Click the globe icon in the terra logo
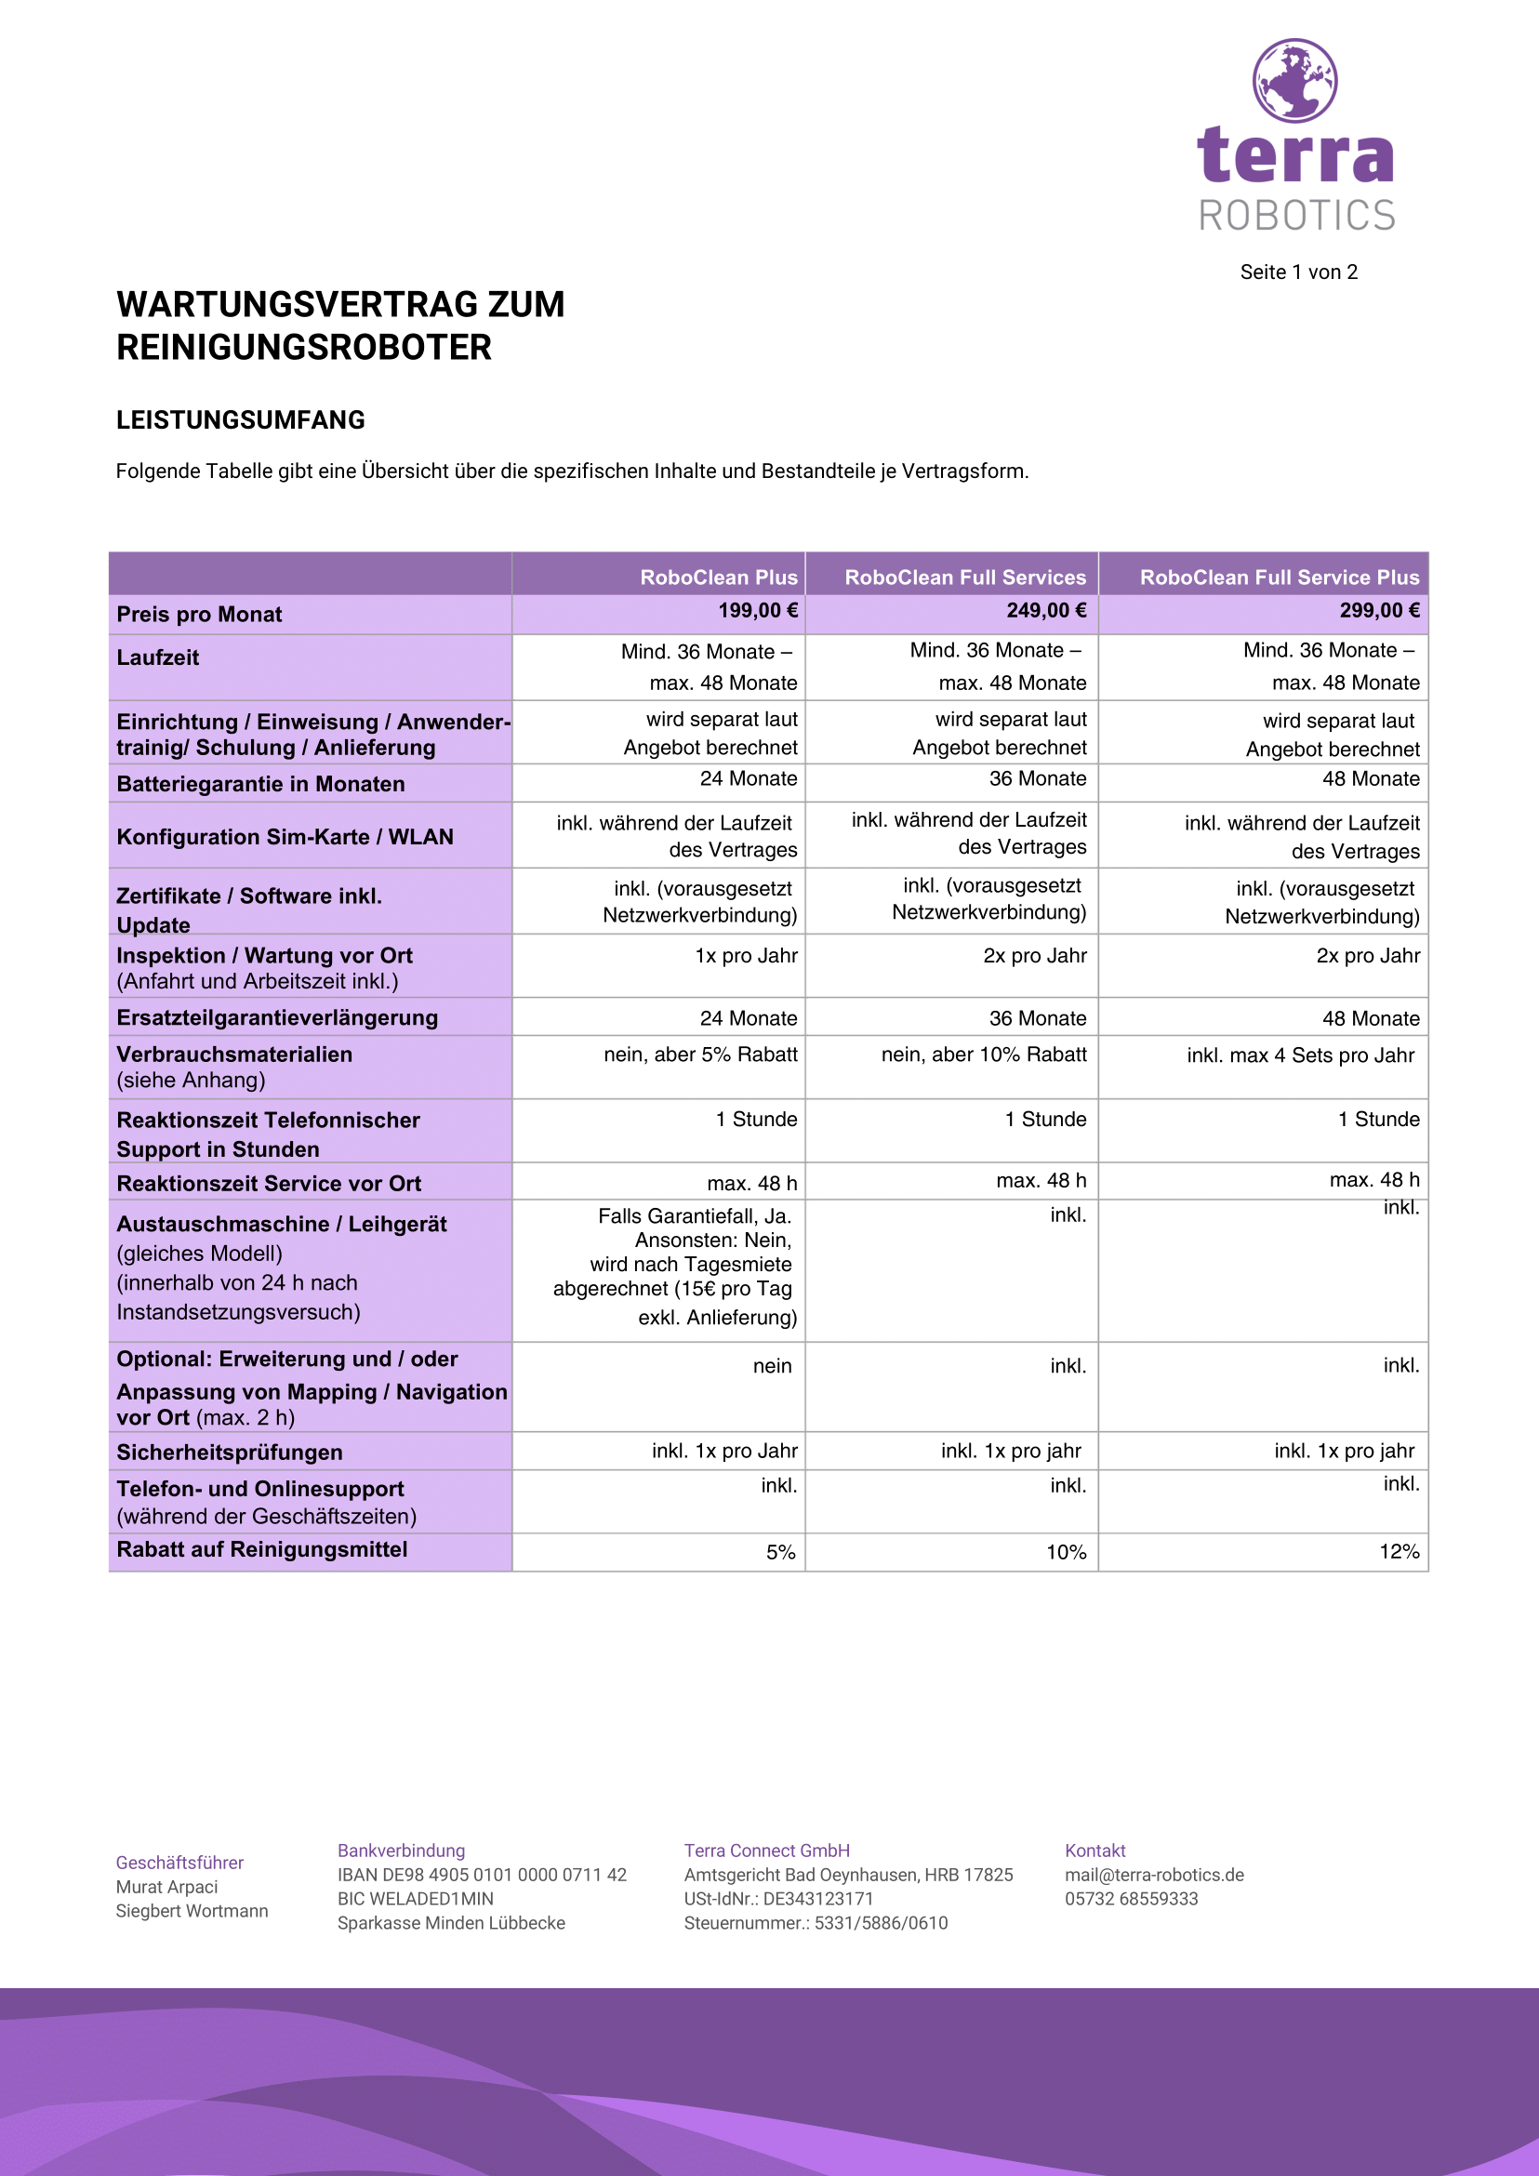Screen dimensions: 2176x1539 1294,81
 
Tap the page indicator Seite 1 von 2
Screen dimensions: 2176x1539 1298,272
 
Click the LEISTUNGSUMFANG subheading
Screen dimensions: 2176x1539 241,419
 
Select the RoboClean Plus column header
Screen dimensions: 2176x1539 718,577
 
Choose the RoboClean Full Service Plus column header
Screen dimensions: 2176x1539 1280,577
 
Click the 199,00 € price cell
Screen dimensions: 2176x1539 757,611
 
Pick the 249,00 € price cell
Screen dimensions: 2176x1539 1046,611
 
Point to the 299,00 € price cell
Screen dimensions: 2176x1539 1379,611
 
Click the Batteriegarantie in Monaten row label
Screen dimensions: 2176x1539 260,784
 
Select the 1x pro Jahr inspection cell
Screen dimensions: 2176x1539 746,955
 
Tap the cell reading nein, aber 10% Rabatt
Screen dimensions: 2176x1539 984,1055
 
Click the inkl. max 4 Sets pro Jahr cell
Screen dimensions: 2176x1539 1300,1055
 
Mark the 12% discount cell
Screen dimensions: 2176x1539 1399,1551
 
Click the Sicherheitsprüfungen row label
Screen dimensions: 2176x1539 230,1452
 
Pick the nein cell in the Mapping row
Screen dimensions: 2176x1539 773,1366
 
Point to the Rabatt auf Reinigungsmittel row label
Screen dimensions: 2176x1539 261,1549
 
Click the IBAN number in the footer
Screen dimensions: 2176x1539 483,1875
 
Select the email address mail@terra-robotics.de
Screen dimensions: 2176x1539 1154,1875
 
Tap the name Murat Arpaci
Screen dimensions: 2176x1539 166,1887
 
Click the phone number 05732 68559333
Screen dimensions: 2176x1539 1132,1898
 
